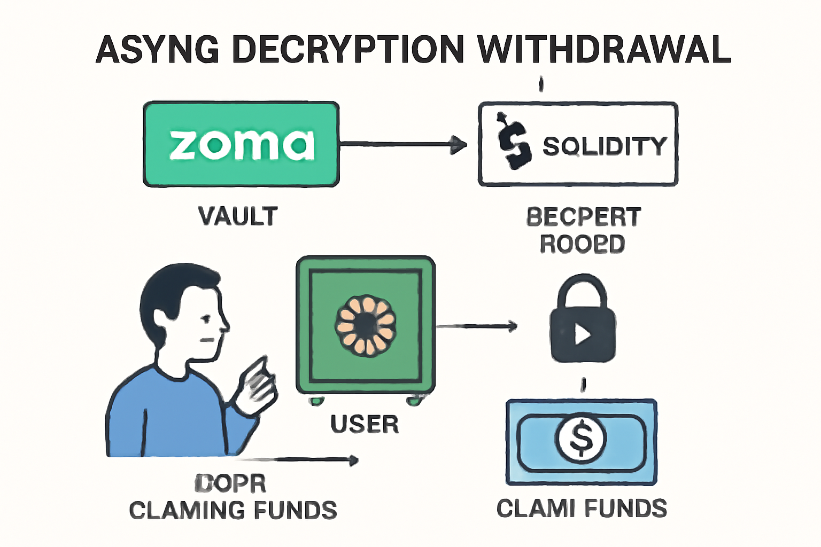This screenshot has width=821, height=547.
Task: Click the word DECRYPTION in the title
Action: point(348,49)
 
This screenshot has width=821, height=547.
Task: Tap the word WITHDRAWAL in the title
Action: point(604,49)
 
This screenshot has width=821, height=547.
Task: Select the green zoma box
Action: point(241,144)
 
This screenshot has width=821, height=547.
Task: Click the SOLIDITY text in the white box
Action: point(605,146)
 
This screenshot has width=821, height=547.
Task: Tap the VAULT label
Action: point(238,216)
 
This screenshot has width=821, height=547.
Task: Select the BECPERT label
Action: point(583,217)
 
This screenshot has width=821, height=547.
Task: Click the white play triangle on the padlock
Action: point(583,334)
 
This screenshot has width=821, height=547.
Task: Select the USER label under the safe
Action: point(365,424)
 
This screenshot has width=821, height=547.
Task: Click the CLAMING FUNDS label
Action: point(233,510)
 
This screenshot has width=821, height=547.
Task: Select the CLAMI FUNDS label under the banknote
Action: point(582,508)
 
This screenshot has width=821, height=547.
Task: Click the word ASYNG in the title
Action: point(158,49)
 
